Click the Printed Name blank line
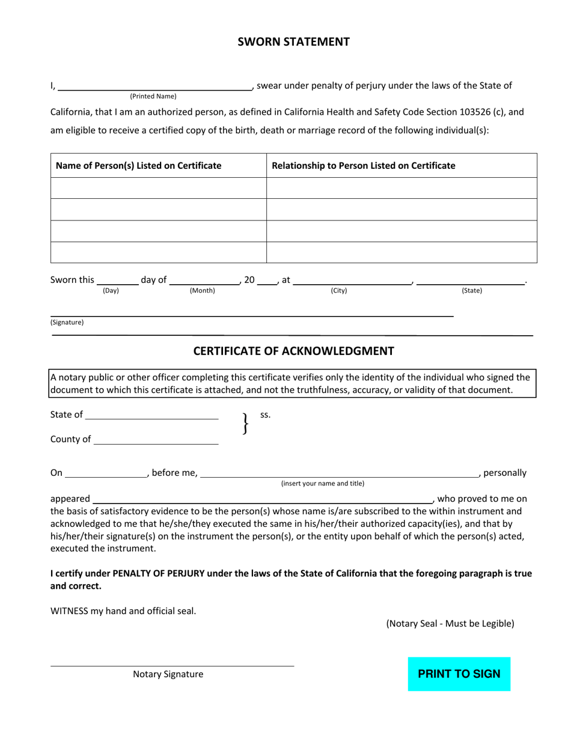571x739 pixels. (154, 85)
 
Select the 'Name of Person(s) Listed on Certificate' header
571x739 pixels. (138, 165)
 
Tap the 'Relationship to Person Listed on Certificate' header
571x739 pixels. (364, 165)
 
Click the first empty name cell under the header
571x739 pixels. (158, 188)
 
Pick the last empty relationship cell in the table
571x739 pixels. (402, 252)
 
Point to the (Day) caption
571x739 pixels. (111, 291)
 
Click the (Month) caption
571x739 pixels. (203, 291)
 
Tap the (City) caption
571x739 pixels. (339, 291)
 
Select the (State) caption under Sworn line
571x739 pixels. (472, 291)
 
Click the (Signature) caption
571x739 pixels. (67, 322)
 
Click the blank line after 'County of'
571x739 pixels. (156, 440)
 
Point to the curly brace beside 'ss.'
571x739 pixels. (245, 424)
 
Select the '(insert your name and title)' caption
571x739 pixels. (323, 483)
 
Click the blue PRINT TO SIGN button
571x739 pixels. (459, 674)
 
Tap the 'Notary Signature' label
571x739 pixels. (168, 674)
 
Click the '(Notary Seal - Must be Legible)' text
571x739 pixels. (450, 623)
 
